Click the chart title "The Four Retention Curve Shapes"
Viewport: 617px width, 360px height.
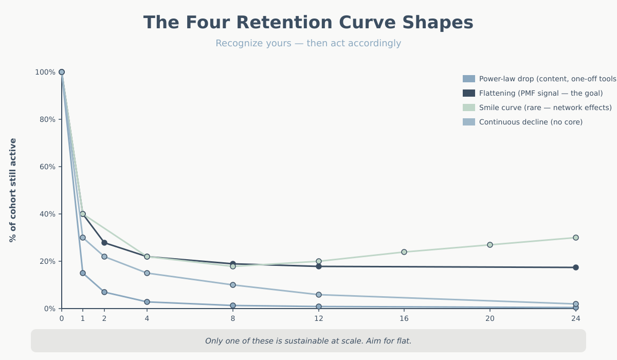(308, 23)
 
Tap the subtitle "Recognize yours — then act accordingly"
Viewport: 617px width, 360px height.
(308, 44)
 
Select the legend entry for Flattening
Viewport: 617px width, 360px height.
(540, 93)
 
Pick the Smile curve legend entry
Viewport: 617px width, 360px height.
(545, 107)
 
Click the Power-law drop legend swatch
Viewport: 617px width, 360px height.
(469, 79)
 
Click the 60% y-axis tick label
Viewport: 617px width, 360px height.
(45, 167)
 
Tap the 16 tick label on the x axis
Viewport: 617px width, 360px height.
(404, 319)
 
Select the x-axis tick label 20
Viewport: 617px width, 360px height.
(490, 319)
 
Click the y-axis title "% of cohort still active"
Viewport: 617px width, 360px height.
(13, 190)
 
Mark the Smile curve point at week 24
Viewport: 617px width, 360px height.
(576, 238)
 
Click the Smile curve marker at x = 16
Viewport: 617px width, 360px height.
(404, 252)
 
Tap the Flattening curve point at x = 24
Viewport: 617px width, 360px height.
(576, 267)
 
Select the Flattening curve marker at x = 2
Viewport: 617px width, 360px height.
(104, 243)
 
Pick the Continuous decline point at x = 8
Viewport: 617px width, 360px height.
(233, 285)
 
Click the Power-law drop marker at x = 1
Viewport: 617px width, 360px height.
(83, 273)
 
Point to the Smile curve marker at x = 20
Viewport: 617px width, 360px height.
(490, 245)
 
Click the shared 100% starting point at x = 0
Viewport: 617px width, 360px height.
(62, 72)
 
